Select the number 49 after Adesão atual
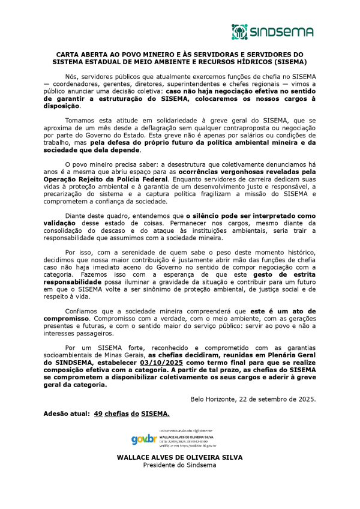point(99,414)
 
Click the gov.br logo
point(143,439)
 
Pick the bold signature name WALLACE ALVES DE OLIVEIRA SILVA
point(179,457)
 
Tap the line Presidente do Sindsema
point(179,465)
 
